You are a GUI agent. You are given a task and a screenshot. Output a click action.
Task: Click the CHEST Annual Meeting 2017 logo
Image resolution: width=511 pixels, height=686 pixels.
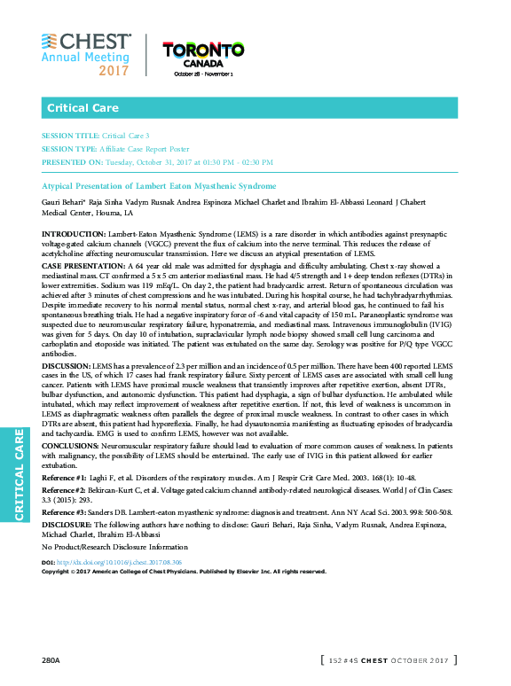pyautogui.click(x=85, y=54)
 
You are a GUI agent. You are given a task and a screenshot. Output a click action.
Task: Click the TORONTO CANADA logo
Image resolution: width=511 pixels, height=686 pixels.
pyautogui.click(x=203, y=58)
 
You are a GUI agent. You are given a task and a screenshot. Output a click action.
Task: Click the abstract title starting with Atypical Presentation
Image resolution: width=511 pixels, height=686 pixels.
pyautogui.click(x=160, y=186)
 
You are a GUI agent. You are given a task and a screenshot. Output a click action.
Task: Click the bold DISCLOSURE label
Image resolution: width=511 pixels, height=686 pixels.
pyautogui.click(x=68, y=523)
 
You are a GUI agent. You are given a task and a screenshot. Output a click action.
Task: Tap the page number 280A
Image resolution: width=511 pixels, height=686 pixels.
pyautogui.click(x=50, y=661)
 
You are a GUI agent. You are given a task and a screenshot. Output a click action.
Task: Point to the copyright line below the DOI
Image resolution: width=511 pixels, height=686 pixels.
pyautogui.click(x=177, y=572)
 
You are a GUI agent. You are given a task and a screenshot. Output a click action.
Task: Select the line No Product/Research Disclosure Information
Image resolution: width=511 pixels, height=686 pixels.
pyautogui.click(x=115, y=546)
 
